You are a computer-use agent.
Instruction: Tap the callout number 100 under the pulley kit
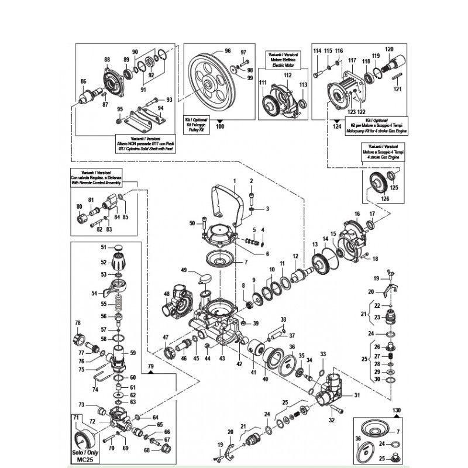click(220, 126)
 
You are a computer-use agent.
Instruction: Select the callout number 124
click(336, 126)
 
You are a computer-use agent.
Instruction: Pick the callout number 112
click(287, 75)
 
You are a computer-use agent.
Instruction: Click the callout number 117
click(352, 61)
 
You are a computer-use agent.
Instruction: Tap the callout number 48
click(167, 294)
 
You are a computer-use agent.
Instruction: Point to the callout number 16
click(356, 214)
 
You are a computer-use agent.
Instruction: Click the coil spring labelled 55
click(120, 303)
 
